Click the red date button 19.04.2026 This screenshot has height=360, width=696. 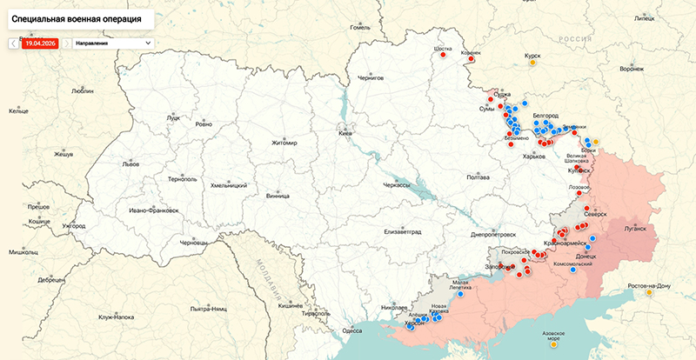(40, 43)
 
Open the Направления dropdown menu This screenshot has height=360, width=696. (112, 43)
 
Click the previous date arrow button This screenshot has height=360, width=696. (12, 43)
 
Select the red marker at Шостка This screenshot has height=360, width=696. (443, 54)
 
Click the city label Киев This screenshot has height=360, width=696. (345, 134)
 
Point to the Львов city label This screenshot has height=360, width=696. (130, 163)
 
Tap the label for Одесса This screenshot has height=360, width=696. (351, 330)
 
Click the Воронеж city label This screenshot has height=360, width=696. (632, 69)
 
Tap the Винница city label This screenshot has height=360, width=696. (278, 197)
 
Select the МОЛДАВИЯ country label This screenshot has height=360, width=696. (267, 277)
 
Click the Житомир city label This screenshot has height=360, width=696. (284, 143)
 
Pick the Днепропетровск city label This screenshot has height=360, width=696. (493, 235)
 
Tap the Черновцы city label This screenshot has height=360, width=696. (193, 243)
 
